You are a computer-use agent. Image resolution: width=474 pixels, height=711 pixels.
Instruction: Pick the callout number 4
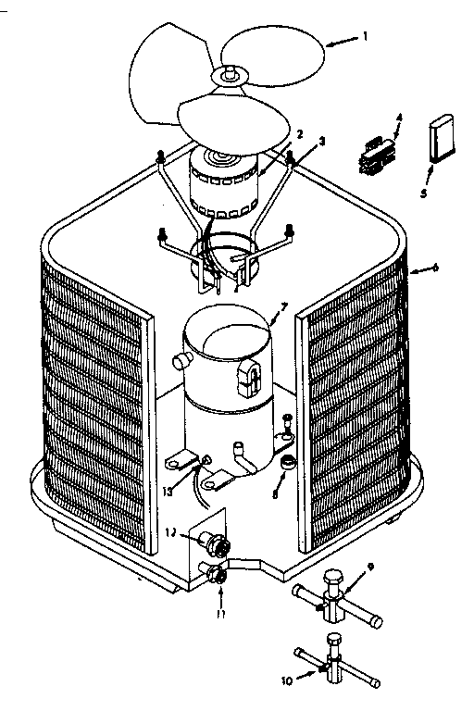(399, 118)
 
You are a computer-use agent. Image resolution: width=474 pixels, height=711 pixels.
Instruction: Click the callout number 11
(220, 613)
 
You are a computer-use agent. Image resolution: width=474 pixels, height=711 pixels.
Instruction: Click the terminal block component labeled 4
(375, 153)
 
